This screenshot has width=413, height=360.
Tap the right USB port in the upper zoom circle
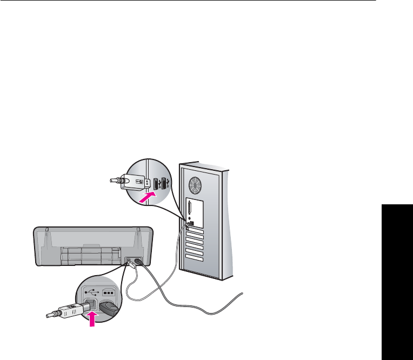click(x=164, y=184)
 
